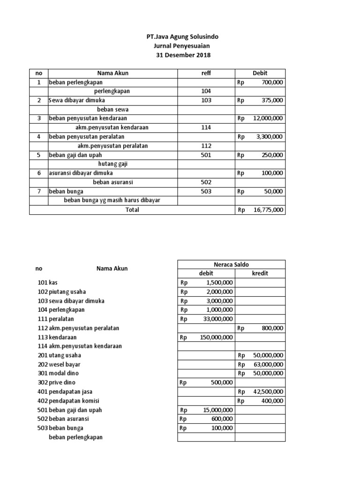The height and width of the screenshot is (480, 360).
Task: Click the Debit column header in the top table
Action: [x=260, y=73]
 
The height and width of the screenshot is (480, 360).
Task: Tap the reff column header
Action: [x=206, y=73]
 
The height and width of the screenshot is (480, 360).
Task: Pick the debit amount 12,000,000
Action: [x=268, y=118]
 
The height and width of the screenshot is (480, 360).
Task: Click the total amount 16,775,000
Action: [x=268, y=210]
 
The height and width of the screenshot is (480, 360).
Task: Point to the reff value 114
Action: [x=206, y=127]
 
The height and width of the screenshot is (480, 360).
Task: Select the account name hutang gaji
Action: [x=113, y=164]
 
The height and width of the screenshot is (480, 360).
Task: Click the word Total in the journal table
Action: [x=132, y=210]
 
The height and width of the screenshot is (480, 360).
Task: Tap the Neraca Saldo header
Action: [x=231, y=264]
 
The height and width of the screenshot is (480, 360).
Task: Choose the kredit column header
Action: [x=260, y=273]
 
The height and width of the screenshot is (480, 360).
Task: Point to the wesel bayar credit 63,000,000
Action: [x=268, y=364]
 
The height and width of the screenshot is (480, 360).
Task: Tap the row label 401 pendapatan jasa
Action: [x=65, y=392]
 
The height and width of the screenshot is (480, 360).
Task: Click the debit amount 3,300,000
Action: [x=269, y=137]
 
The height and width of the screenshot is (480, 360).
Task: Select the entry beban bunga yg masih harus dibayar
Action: [x=112, y=201]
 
